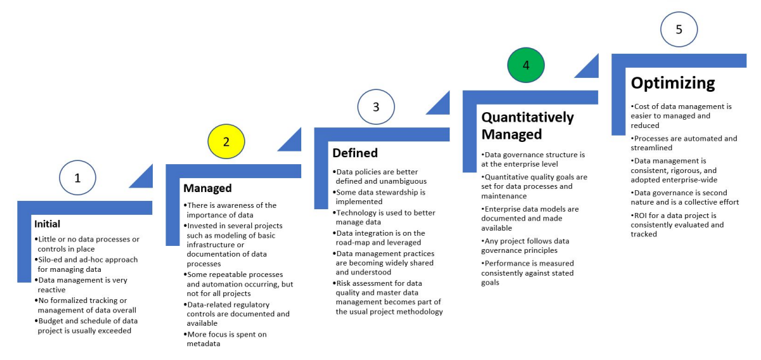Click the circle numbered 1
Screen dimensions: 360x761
(77, 178)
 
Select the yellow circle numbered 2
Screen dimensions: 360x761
(226, 141)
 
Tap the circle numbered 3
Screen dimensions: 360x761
(376, 106)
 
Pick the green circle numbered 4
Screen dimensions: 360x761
(526, 65)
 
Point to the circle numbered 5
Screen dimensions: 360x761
(679, 29)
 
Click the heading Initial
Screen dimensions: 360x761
(47, 224)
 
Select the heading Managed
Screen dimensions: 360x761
(207, 188)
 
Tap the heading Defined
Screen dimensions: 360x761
(354, 153)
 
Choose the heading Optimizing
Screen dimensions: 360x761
(672, 83)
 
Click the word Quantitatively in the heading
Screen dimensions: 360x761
(528, 117)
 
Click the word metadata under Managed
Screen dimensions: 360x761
(204, 344)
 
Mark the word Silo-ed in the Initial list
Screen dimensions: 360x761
(53, 260)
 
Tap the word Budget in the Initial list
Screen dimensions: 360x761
(54, 320)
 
